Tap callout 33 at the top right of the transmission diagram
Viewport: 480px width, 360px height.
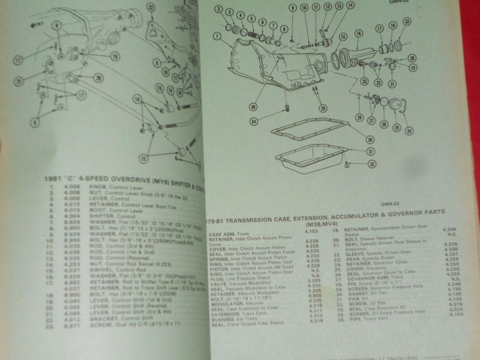407,22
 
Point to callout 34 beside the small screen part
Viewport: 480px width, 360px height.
254,122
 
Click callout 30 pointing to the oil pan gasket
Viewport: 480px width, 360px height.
370,139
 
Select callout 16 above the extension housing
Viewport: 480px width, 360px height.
358,34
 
